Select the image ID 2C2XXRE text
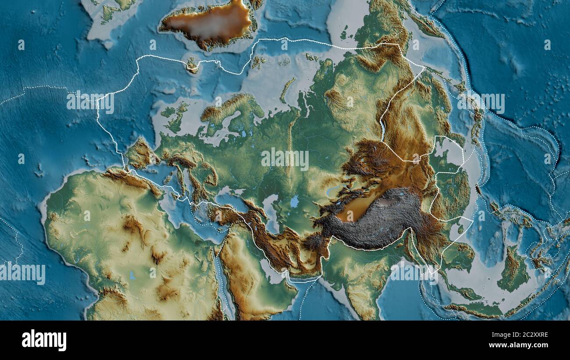tap(526, 335)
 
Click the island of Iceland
tap(192, 65)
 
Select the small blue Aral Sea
tap(294, 201)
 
